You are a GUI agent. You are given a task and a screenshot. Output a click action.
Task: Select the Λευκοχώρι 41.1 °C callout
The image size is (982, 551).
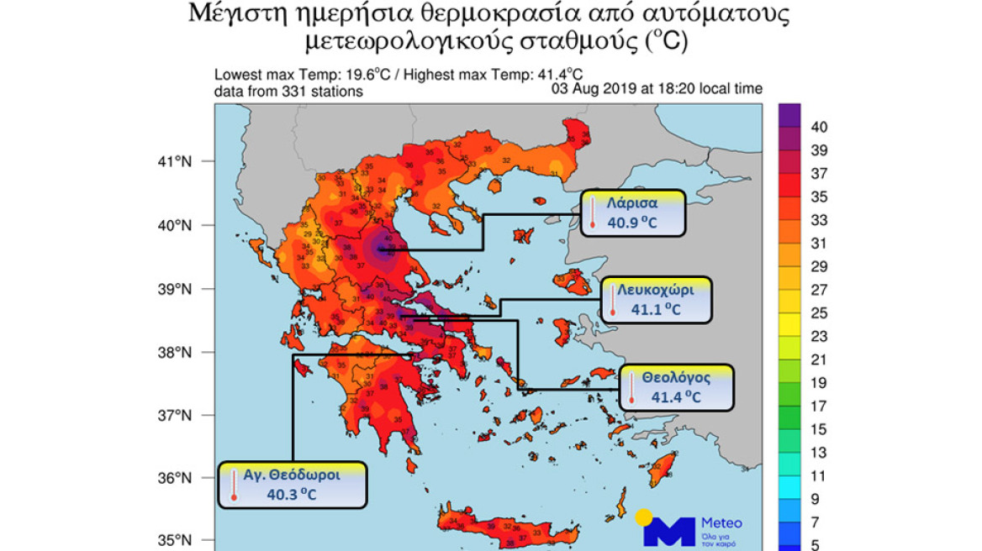point(656,299)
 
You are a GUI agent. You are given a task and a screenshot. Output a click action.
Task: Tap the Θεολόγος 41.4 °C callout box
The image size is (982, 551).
point(677,387)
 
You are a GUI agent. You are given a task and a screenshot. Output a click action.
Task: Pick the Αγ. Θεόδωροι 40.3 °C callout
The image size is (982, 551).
point(293,485)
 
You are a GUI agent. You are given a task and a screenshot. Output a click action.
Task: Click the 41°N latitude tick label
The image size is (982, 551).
point(177,161)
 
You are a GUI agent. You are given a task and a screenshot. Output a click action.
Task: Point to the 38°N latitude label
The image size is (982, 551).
point(177,352)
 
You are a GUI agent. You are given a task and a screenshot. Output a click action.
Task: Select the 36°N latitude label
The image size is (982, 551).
point(177,478)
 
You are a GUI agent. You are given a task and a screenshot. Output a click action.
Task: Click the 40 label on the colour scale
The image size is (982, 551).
point(820,127)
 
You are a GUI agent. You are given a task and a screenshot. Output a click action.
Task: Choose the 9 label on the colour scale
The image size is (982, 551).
point(816,499)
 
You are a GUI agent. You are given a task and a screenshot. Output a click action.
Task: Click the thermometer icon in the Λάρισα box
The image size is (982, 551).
point(593,213)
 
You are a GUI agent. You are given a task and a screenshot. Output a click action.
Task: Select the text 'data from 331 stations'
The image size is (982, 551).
point(288,92)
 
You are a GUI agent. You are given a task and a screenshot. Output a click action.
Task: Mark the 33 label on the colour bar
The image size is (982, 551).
point(819,220)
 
